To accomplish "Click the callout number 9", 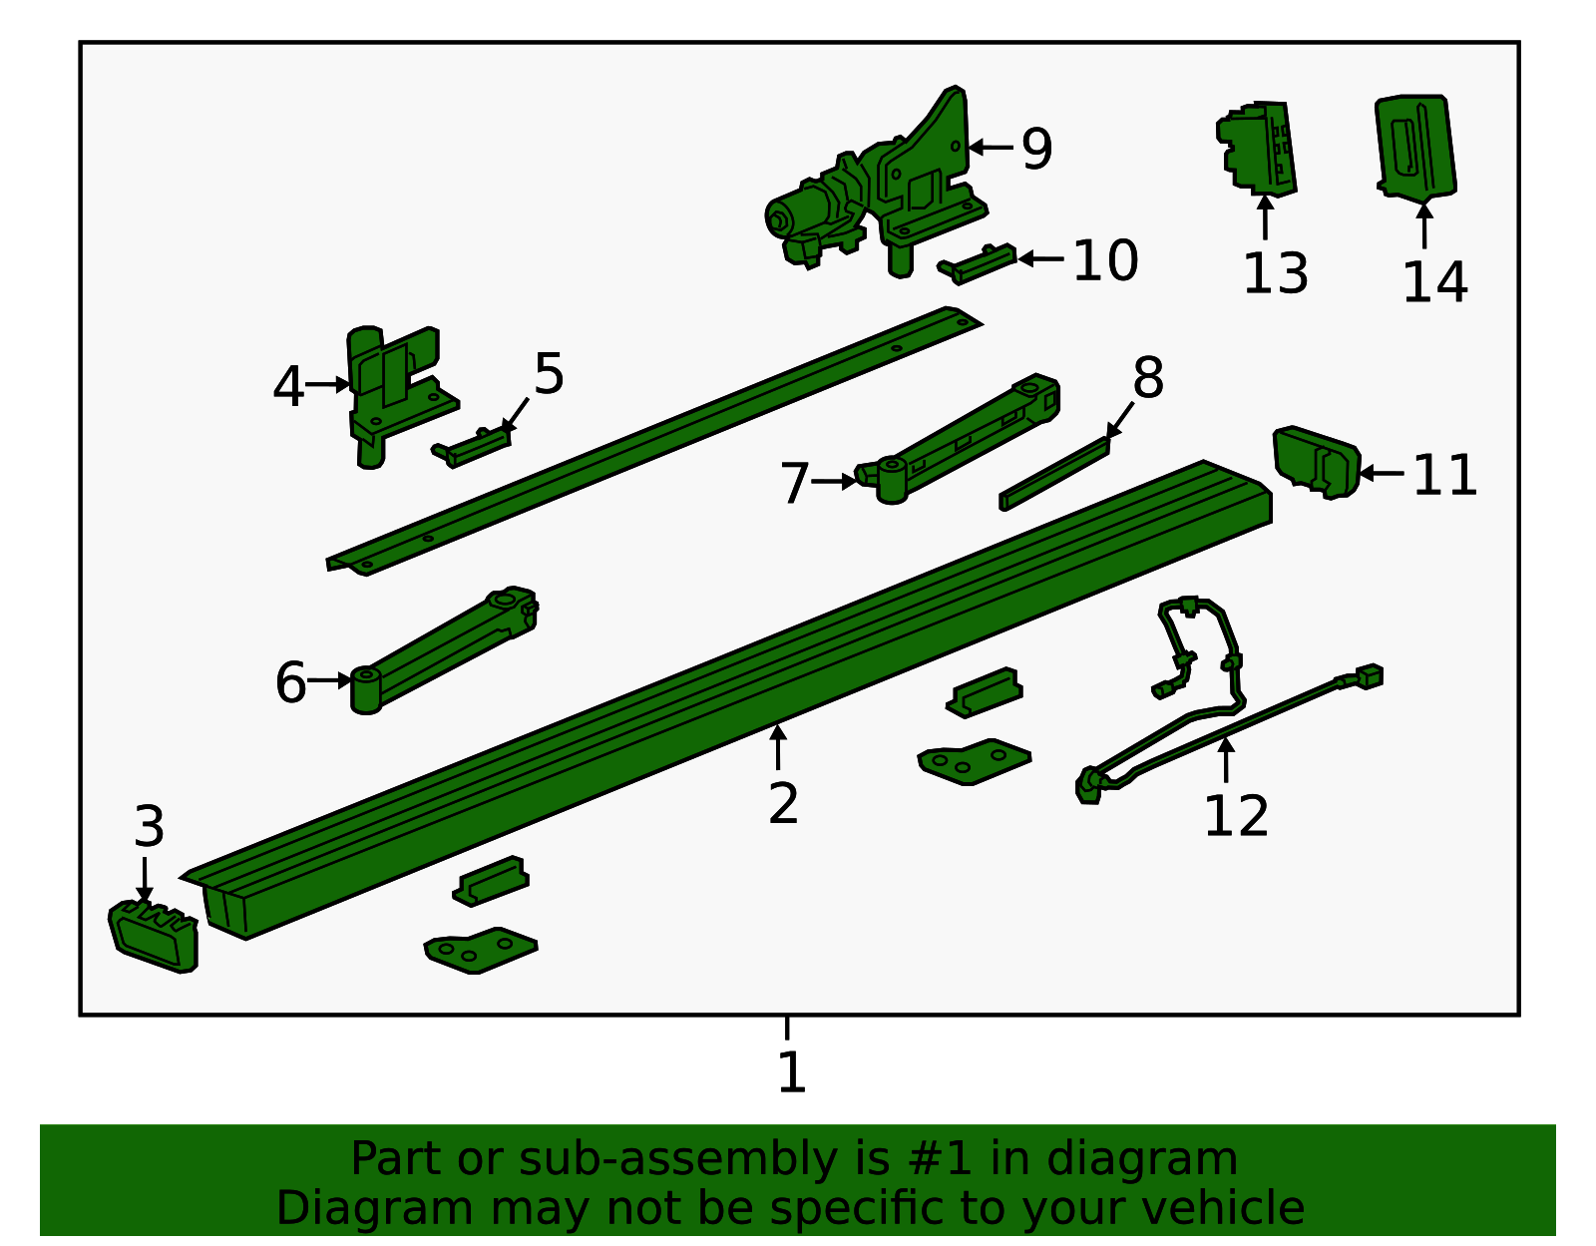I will pos(1036,149).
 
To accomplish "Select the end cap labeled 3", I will pos(153,936).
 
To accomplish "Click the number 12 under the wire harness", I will pos(1235,816).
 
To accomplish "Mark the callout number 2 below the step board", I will pos(783,803).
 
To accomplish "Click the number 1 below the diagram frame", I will pos(790,1072).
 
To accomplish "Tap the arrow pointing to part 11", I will pos(1382,473).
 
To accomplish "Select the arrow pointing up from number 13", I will pos(1265,217).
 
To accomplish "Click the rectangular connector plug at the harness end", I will pos(1369,676).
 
